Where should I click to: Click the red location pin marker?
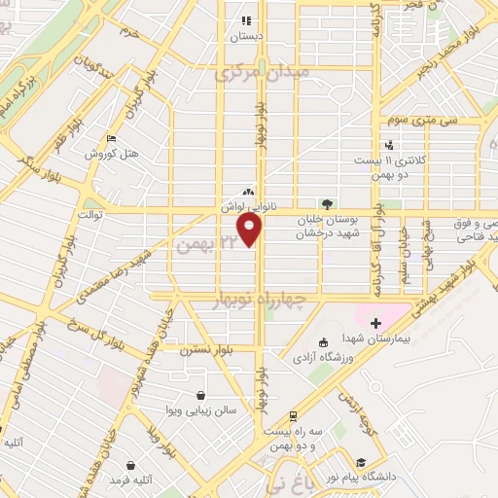point(251,231)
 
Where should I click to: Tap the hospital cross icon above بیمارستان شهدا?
point(375,322)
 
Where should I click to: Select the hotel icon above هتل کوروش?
point(111,139)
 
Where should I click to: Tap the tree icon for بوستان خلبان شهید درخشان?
point(326,204)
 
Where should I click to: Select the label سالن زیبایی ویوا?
point(200,411)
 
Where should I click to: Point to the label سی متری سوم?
point(408,121)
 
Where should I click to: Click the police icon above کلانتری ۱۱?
point(389,144)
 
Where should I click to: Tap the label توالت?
point(89,213)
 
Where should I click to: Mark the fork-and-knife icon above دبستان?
point(246,19)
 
